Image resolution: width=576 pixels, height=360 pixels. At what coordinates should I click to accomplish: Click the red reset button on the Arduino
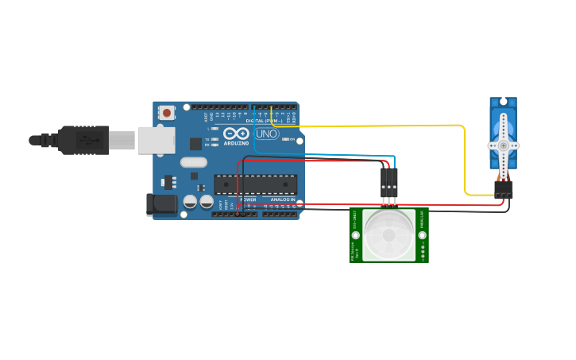[167, 113]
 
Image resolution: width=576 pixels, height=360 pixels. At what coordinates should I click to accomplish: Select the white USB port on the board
[156, 140]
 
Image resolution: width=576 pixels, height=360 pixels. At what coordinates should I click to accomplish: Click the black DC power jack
[162, 204]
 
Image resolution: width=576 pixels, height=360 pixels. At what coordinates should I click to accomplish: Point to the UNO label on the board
[266, 134]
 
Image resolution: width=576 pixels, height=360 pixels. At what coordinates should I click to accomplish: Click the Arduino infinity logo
[236, 134]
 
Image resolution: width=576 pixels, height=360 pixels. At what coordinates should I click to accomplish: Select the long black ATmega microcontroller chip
[256, 184]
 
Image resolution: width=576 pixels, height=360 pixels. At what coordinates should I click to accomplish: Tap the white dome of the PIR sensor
[389, 235]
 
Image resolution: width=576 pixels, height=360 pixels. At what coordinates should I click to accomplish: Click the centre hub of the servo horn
[503, 145]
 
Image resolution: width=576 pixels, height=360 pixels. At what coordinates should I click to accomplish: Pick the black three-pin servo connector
[503, 190]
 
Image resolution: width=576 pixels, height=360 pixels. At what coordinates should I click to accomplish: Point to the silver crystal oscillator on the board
[193, 162]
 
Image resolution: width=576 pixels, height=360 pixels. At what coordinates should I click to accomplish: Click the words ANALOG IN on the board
[283, 199]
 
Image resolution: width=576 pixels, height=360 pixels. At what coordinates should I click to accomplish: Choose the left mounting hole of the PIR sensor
[356, 235]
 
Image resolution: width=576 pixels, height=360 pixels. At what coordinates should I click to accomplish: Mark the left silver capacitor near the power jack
[191, 202]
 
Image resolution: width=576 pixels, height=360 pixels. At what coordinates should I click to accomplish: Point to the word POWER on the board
[248, 199]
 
